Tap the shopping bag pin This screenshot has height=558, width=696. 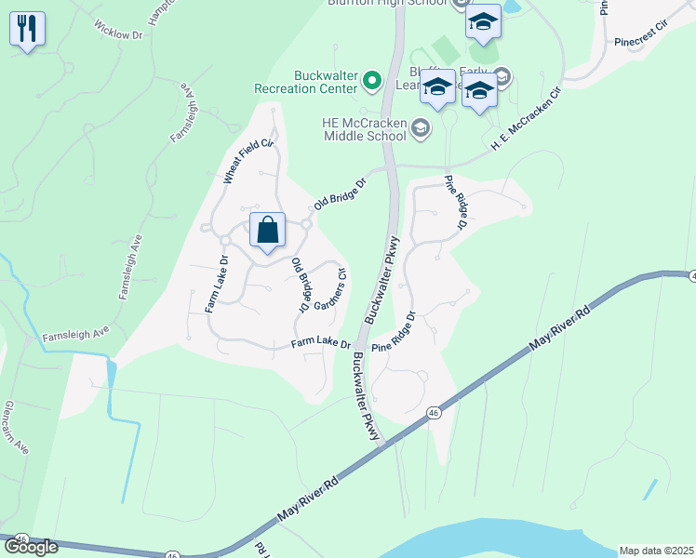pyautogui.click(x=267, y=231)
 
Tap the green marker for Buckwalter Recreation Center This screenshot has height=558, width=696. pyautogui.click(x=373, y=81)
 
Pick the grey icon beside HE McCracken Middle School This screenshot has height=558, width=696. pyautogui.click(x=421, y=128)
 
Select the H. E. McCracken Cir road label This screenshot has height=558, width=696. pyautogui.click(x=528, y=119)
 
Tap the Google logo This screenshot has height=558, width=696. pyautogui.click(x=31, y=546)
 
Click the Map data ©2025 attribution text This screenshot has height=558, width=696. pyautogui.click(x=655, y=550)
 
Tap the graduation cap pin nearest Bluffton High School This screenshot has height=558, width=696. pyautogui.click(x=483, y=21)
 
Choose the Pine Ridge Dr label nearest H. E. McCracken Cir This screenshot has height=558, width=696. pyautogui.click(x=455, y=202)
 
